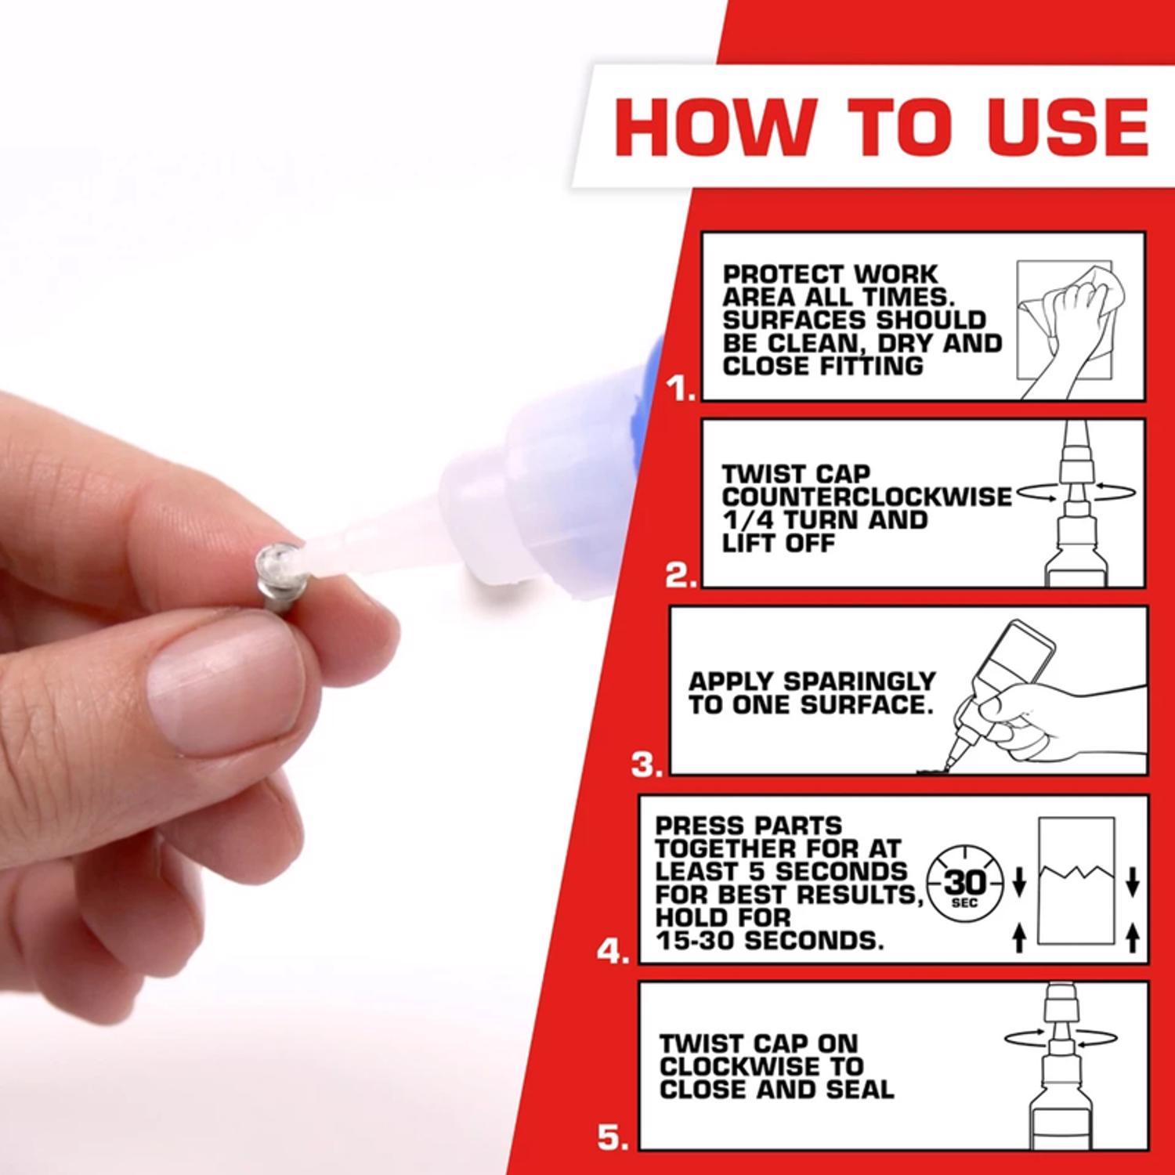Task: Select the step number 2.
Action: tap(680, 576)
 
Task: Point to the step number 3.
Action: tap(647, 765)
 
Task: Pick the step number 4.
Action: tap(613, 953)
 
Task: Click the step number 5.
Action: tap(613, 1138)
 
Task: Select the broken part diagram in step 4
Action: tap(1076, 881)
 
